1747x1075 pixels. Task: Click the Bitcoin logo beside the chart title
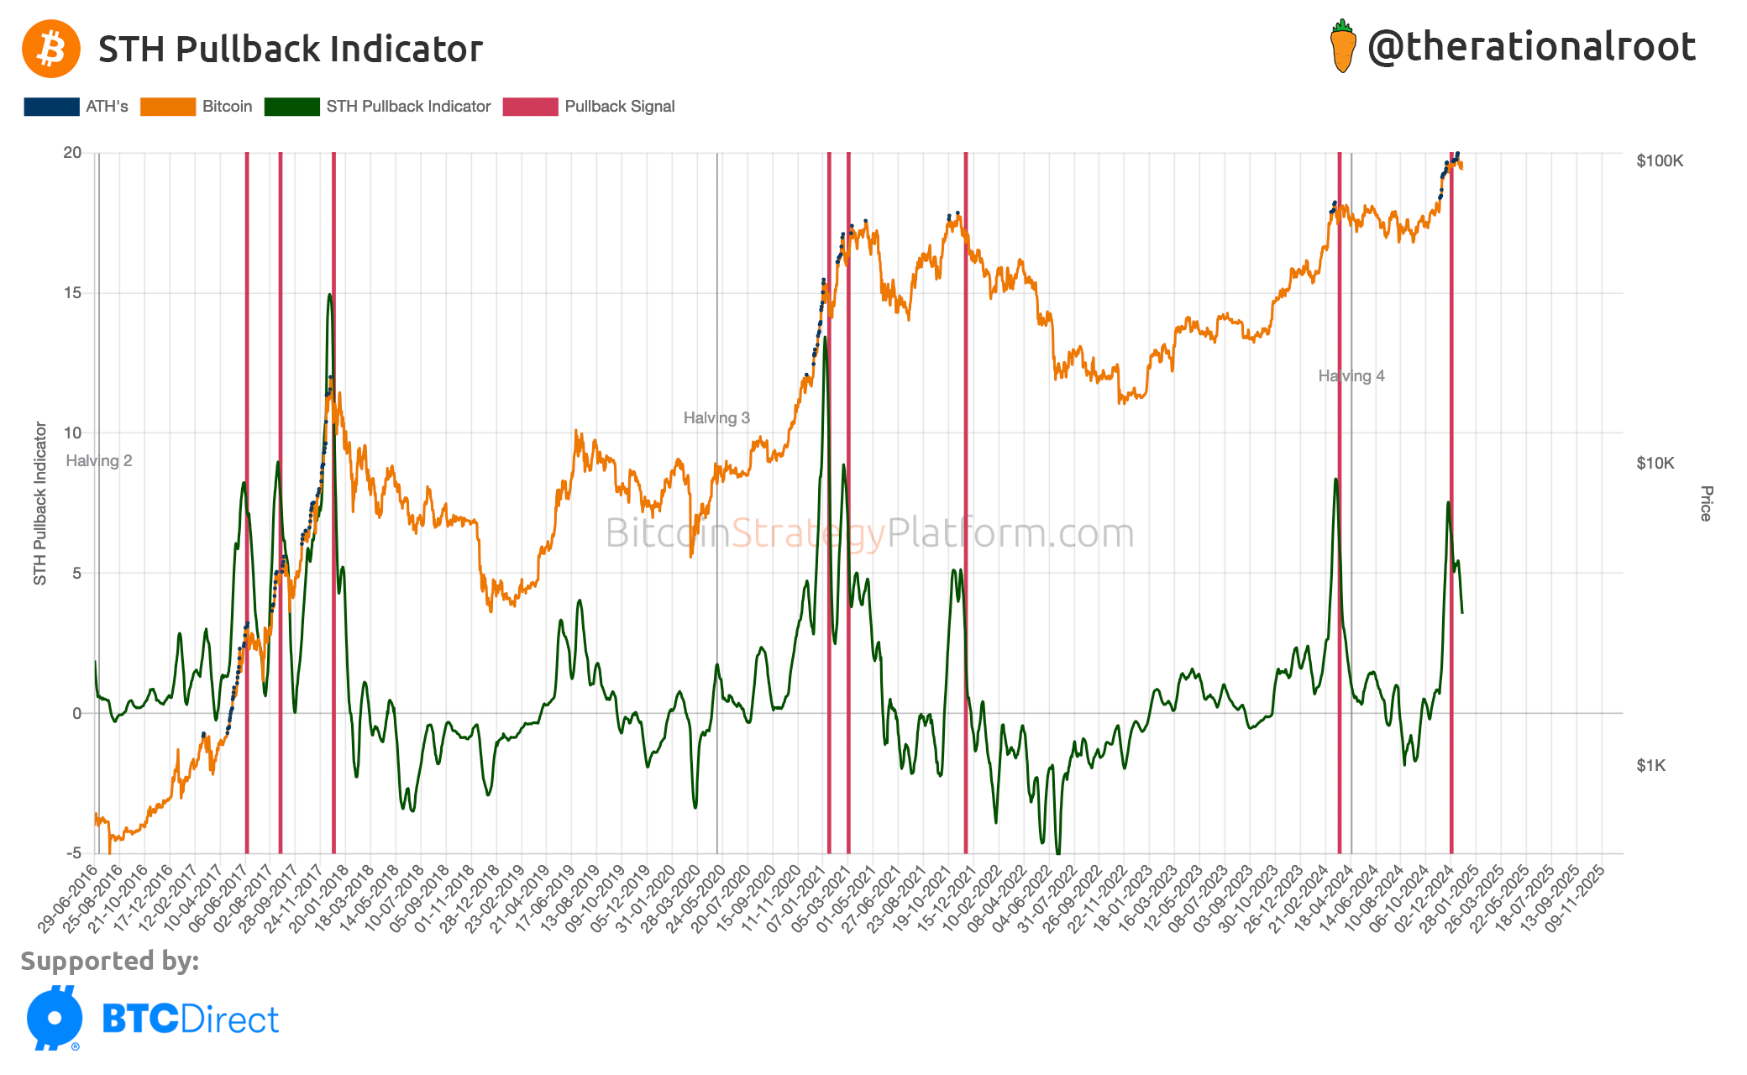(51, 49)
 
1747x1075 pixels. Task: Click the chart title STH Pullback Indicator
(291, 49)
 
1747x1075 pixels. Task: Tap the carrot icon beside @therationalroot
(1343, 47)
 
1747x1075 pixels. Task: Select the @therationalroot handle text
(1531, 46)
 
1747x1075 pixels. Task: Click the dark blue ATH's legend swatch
(52, 107)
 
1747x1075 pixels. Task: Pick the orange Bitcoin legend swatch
(168, 107)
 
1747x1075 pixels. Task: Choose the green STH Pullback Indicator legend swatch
(291, 107)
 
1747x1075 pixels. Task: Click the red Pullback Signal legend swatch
(530, 107)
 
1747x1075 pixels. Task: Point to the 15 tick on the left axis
(72, 293)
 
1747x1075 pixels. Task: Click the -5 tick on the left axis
(74, 853)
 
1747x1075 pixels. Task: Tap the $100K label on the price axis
(1660, 161)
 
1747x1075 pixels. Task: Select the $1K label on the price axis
(1650, 765)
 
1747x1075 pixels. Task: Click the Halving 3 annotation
(716, 418)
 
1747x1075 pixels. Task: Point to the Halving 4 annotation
(1351, 376)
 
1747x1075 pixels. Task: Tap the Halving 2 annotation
(99, 461)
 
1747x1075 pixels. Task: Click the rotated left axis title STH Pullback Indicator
(39, 504)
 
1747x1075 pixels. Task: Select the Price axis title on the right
(1706, 504)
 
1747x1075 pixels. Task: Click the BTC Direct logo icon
(55, 1018)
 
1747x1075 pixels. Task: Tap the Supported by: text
(110, 961)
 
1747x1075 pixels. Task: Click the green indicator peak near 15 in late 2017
(330, 295)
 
